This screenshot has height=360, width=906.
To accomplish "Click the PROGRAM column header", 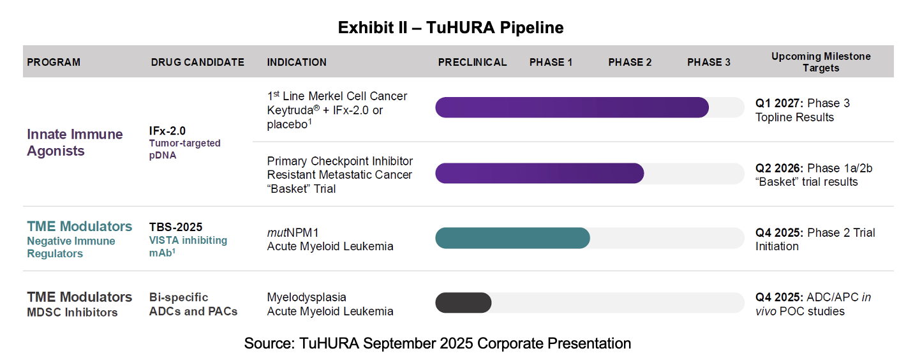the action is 54,63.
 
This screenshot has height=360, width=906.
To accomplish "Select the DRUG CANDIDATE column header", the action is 197,63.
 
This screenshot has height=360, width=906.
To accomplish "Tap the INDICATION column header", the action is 297,63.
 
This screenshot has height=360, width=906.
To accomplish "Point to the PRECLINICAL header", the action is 472,63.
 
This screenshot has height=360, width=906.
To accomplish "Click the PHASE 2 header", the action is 630,63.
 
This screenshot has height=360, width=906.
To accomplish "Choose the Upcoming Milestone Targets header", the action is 821,62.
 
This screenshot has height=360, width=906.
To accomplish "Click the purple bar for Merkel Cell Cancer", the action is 572,108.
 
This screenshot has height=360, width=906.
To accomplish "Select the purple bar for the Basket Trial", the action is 540,173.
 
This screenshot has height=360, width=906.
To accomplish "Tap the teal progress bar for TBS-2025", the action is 512,238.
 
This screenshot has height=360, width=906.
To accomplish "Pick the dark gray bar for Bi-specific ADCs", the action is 463,303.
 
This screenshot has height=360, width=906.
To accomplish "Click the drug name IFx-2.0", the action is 167,131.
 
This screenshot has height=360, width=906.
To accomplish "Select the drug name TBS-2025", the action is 175,227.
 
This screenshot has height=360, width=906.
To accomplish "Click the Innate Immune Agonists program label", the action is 75,142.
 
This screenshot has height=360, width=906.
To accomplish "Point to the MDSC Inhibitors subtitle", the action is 72,312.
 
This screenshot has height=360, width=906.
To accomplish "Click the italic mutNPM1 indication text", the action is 293,232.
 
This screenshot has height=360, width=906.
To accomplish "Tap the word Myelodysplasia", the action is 307,297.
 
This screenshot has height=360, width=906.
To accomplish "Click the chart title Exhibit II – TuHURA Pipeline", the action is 450,27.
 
